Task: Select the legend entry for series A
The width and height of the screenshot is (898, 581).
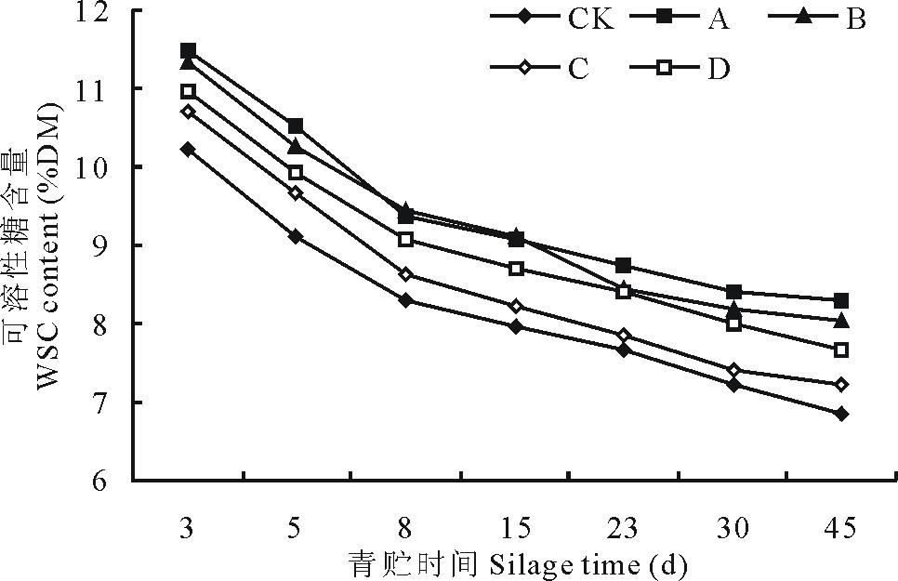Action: pos(688,19)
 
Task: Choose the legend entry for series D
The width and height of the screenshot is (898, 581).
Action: pos(687,70)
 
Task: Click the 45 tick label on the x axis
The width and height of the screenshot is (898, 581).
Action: pos(841,529)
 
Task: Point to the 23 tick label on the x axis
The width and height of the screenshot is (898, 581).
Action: pos(623,529)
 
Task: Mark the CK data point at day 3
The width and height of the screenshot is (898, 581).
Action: pos(188,149)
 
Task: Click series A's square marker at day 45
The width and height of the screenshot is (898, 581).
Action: pos(841,300)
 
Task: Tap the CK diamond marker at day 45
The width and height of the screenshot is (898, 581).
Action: pos(841,414)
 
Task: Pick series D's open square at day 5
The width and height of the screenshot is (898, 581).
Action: pos(296,173)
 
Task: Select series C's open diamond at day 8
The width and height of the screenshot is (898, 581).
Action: pos(405,274)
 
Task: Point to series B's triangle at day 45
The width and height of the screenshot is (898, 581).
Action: pos(841,320)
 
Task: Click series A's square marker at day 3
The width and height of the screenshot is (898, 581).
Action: pos(188,50)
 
